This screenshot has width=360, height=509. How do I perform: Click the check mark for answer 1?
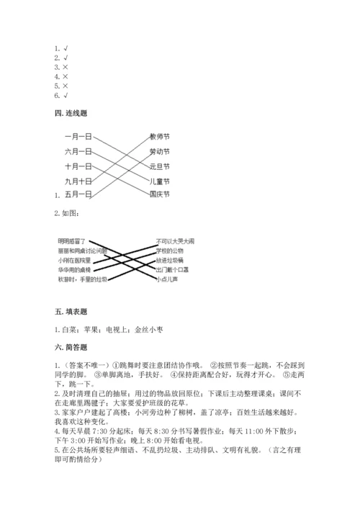click(66, 49)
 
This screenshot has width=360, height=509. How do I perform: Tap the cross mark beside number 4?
click(66, 76)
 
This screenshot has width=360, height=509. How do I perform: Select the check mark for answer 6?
click(66, 95)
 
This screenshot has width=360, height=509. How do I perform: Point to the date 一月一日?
click(78, 137)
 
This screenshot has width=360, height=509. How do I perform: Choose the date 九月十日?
click(78, 180)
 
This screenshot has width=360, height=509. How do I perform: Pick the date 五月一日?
click(78, 194)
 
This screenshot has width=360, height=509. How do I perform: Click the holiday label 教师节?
click(159, 137)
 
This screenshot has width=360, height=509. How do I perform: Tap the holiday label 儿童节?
click(159, 180)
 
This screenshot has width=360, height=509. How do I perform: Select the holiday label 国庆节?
click(159, 194)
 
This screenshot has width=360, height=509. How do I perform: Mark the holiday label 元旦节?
click(159, 166)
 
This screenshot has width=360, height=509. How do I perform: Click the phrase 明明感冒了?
click(71, 240)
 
